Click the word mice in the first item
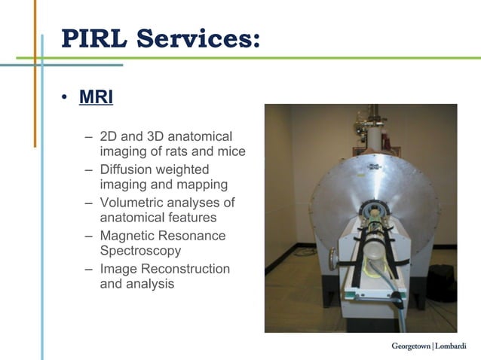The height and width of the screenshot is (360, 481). [231, 151]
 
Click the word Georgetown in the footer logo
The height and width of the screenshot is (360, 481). [410, 346]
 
